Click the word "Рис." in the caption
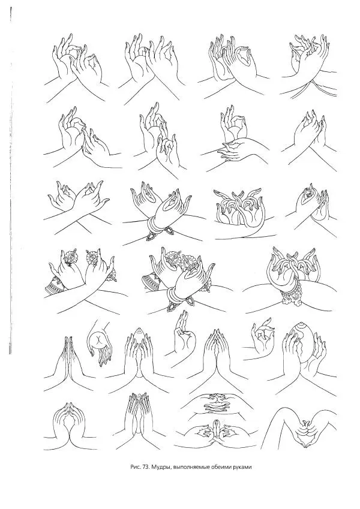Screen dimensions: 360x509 click(134, 468)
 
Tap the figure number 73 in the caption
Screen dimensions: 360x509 click(144, 468)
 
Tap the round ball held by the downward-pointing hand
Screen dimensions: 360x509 click(98, 340)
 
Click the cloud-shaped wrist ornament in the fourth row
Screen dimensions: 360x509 click(292, 296)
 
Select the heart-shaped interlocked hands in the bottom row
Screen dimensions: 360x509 click(304, 433)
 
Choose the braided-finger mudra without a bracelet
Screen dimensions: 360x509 click(239, 208)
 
